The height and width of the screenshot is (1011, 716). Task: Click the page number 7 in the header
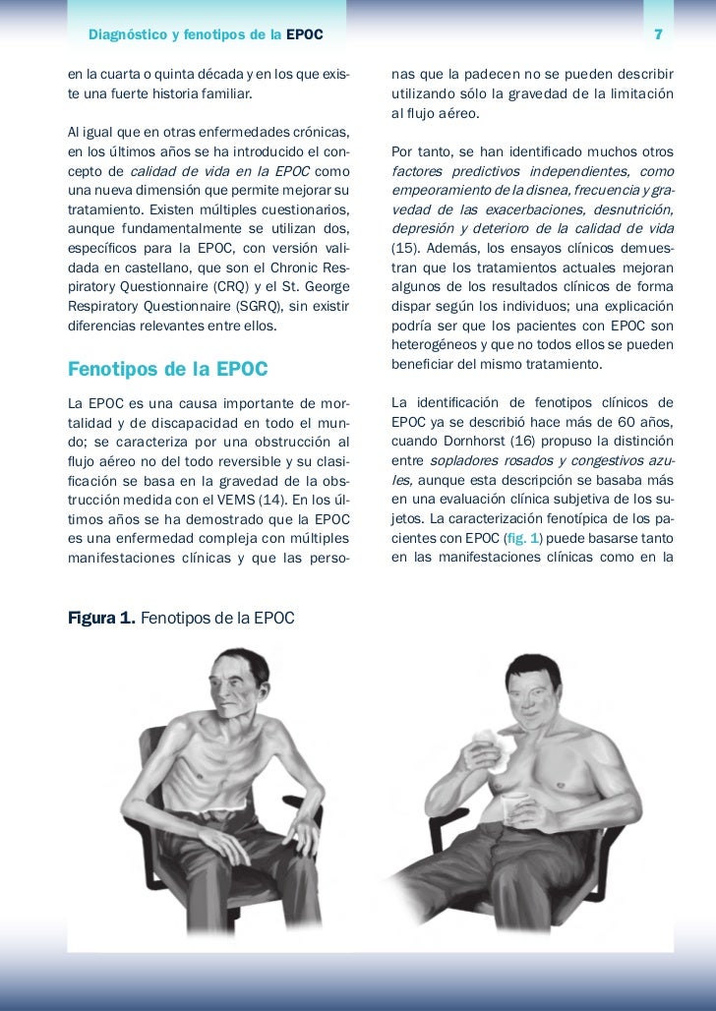[658, 36]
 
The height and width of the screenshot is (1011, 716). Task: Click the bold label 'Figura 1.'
[101, 620]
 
